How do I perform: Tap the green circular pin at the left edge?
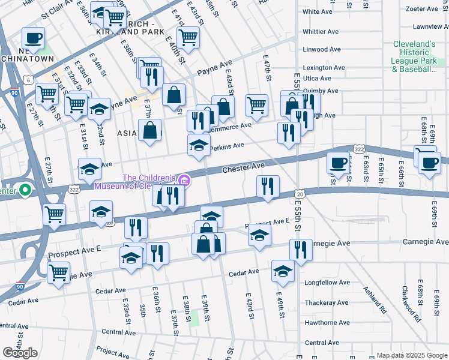click(25, 191)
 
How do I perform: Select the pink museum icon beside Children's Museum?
click(184, 179)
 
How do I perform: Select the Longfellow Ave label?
click(327, 282)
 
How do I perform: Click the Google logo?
click(20, 353)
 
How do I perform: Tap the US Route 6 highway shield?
click(28, 80)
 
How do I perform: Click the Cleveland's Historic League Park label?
click(414, 57)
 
